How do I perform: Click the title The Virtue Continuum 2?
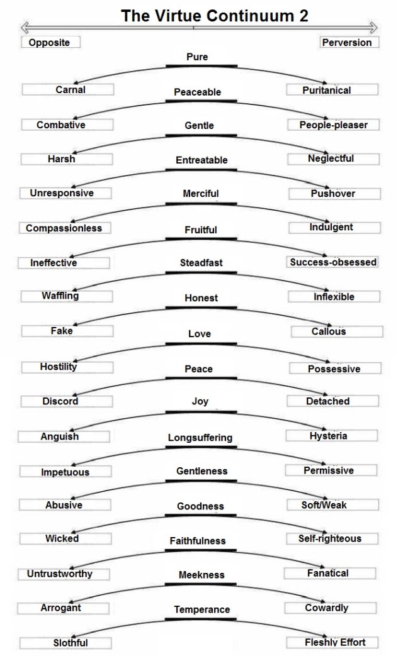click(215, 16)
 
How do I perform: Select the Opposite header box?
click(50, 42)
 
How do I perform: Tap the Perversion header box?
click(349, 42)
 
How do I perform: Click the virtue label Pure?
click(197, 57)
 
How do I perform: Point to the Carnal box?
click(68, 90)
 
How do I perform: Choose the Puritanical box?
click(332, 90)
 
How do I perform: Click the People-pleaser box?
click(333, 125)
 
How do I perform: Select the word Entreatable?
click(201, 160)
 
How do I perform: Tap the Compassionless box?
click(65, 228)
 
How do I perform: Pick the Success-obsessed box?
click(332, 262)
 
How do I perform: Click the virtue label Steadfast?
click(201, 263)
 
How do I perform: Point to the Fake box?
click(67, 331)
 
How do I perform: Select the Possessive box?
click(336, 369)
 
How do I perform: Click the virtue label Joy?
click(200, 401)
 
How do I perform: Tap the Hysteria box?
click(332, 435)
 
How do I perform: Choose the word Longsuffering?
click(200, 438)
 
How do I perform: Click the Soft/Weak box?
click(333, 504)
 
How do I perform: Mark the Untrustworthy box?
click(64, 574)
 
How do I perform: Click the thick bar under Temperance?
click(201, 619)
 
